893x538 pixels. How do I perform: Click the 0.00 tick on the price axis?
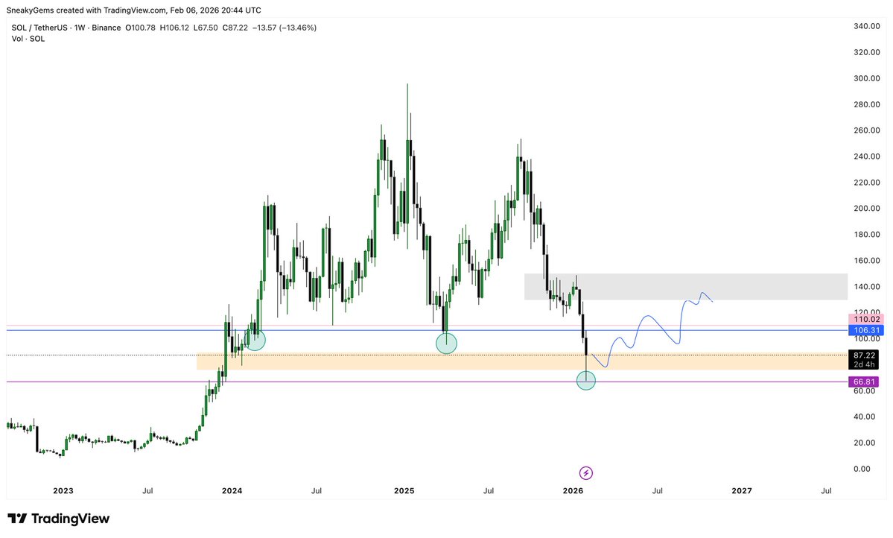click(x=863, y=469)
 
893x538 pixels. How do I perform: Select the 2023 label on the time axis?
click(x=63, y=491)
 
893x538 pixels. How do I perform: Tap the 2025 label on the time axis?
click(x=404, y=491)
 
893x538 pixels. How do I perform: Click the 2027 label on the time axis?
click(x=742, y=491)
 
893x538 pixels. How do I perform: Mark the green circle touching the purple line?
click(x=586, y=380)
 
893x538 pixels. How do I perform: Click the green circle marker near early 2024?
click(x=255, y=340)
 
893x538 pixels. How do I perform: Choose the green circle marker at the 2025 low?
click(x=445, y=343)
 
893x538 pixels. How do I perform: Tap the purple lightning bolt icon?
click(x=586, y=472)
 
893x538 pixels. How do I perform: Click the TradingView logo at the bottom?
click(x=59, y=519)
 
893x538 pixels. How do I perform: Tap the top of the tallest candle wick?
click(x=408, y=84)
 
